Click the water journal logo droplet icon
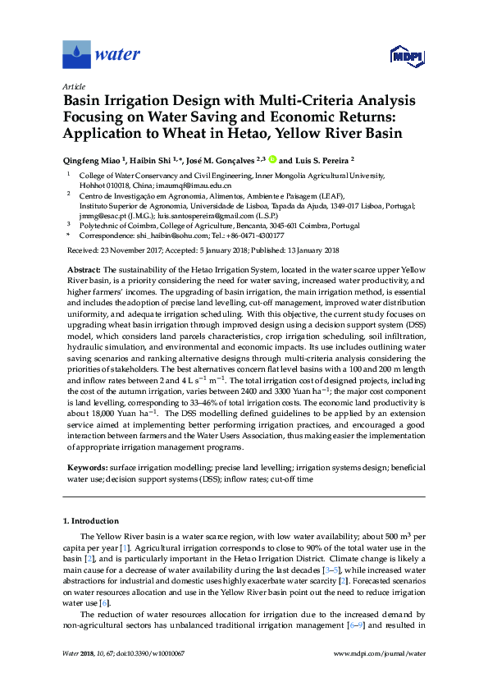(77, 54)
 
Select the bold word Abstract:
(84, 269)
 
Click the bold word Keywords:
(89, 465)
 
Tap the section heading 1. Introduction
(94, 521)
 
